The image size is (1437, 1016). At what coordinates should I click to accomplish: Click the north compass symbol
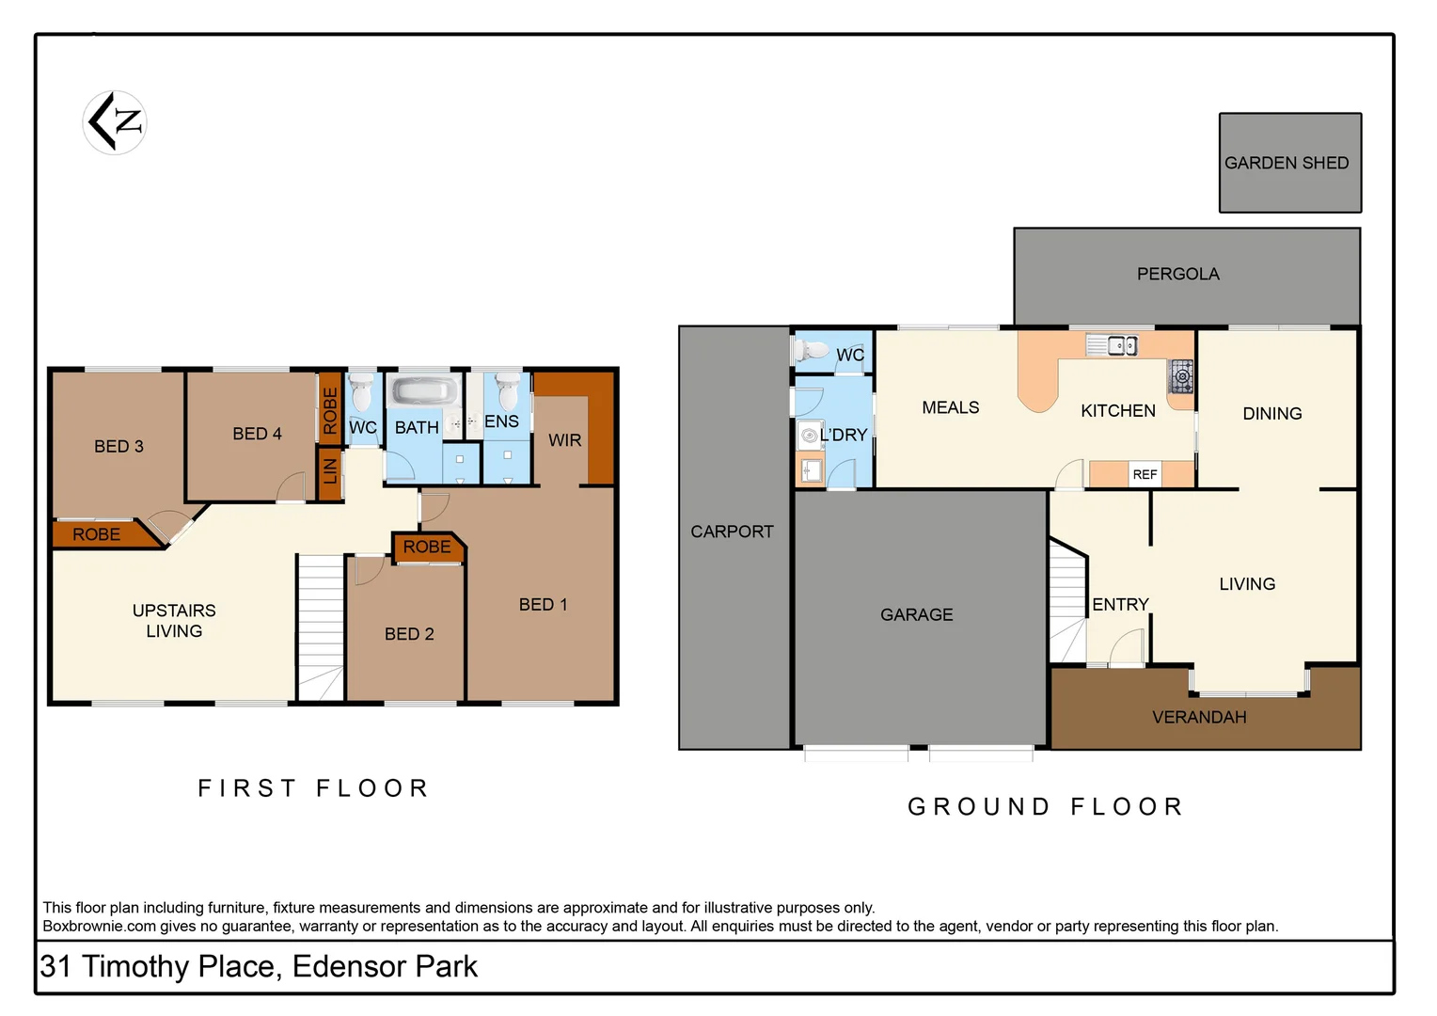tap(115, 122)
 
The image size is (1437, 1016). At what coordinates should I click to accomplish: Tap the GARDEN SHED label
tap(1286, 163)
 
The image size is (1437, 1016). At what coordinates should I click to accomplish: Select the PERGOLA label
tap(1177, 274)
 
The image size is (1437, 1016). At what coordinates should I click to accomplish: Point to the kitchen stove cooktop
tap(1181, 376)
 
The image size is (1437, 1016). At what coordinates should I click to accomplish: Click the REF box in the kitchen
tap(1145, 474)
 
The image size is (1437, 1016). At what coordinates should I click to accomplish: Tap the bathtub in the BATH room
tap(422, 391)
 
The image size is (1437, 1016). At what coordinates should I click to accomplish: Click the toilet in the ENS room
tap(508, 390)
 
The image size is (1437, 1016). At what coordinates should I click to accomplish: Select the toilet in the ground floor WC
tap(810, 350)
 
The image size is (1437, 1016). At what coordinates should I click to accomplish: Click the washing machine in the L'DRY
tap(809, 435)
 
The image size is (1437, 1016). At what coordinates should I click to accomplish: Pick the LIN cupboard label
tap(330, 468)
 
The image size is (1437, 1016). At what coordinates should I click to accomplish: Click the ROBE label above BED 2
tap(427, 547)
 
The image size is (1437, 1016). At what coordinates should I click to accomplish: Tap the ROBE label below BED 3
tap(96, 534)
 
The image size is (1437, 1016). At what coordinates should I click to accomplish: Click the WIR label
tap(564, 440)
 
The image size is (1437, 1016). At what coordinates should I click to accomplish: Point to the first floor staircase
tap(321, 626)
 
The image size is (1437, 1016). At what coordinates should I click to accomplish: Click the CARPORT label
tap(732, 532)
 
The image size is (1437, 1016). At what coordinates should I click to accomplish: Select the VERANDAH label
tap(1199, 717)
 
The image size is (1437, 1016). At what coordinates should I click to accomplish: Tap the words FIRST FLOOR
tap(314, 788)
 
